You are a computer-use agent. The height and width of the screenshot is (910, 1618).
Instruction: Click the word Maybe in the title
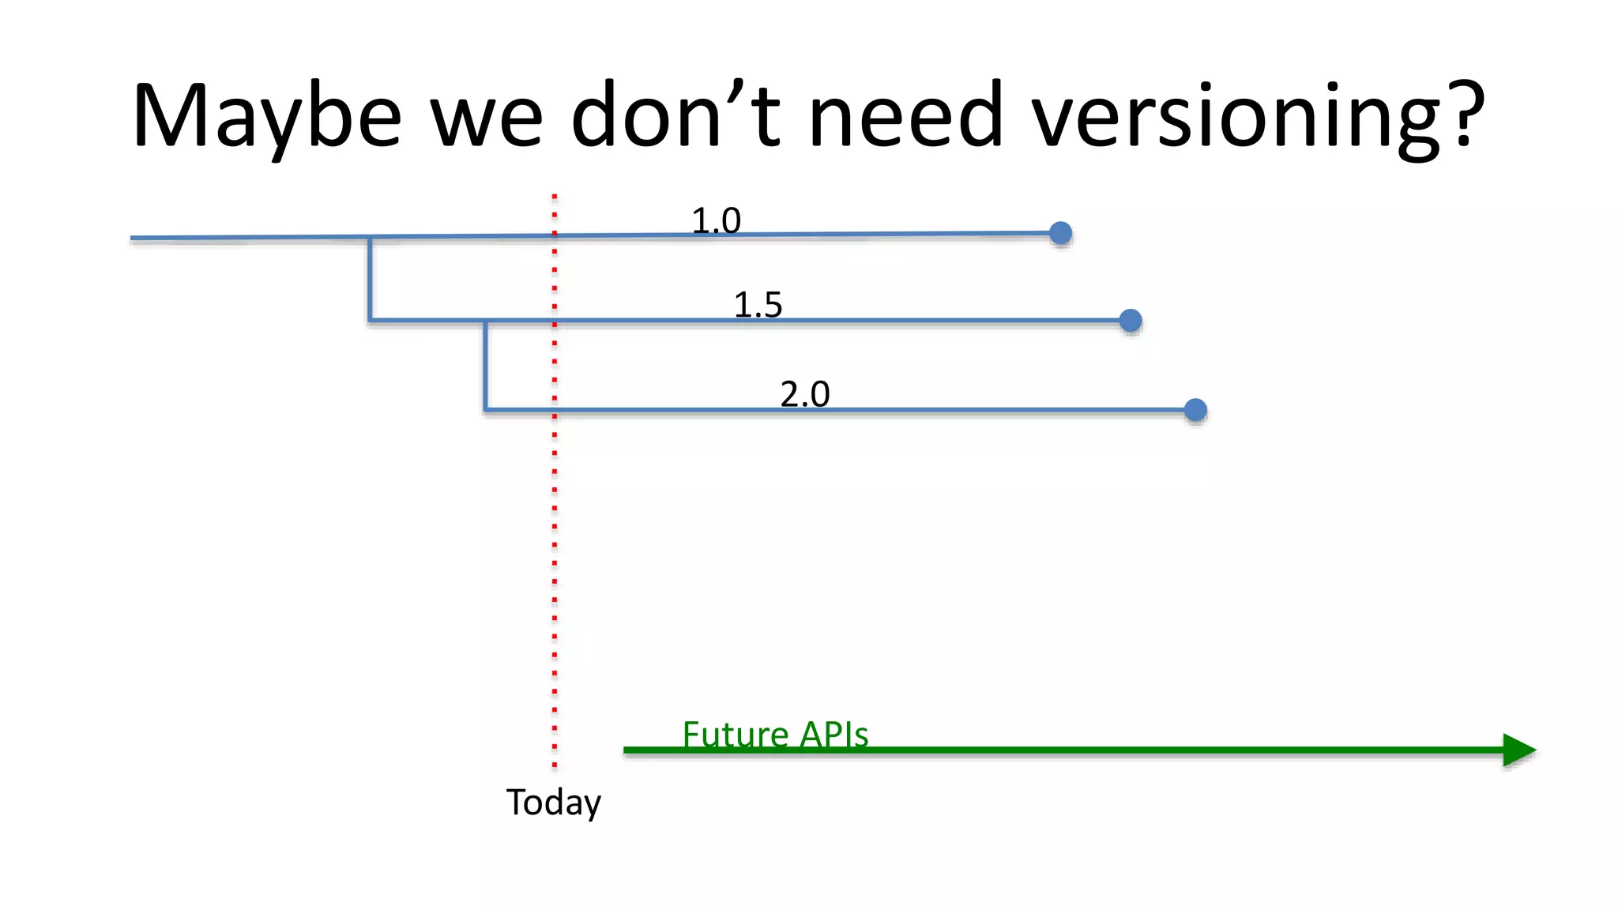[267, 117]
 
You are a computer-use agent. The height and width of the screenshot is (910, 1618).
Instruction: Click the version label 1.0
[716, 220]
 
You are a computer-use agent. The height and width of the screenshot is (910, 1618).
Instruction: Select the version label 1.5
[758, 305]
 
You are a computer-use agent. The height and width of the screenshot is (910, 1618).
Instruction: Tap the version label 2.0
[804, 393]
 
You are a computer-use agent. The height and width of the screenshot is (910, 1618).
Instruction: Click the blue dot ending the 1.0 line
[1060, 233]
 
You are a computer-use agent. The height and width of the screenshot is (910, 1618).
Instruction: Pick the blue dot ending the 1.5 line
[1131, 320]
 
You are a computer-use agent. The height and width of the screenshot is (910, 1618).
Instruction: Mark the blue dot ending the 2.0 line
[1195, 410]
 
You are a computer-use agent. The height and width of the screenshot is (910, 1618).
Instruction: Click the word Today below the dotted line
[553, 803]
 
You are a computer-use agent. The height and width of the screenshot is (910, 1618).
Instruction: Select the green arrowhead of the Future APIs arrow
[1518, 750]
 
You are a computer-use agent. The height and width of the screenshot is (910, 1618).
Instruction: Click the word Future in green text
[736, 735]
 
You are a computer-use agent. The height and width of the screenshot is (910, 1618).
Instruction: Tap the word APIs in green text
[833, 735]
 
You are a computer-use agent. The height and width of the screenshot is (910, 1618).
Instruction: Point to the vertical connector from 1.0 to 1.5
[370, 278]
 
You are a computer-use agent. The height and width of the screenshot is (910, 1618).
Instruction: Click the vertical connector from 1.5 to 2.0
[485, 365]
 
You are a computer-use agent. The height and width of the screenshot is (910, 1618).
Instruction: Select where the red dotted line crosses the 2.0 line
[555, 410]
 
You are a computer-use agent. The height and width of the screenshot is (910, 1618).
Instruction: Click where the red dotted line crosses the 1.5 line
[555, 321]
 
